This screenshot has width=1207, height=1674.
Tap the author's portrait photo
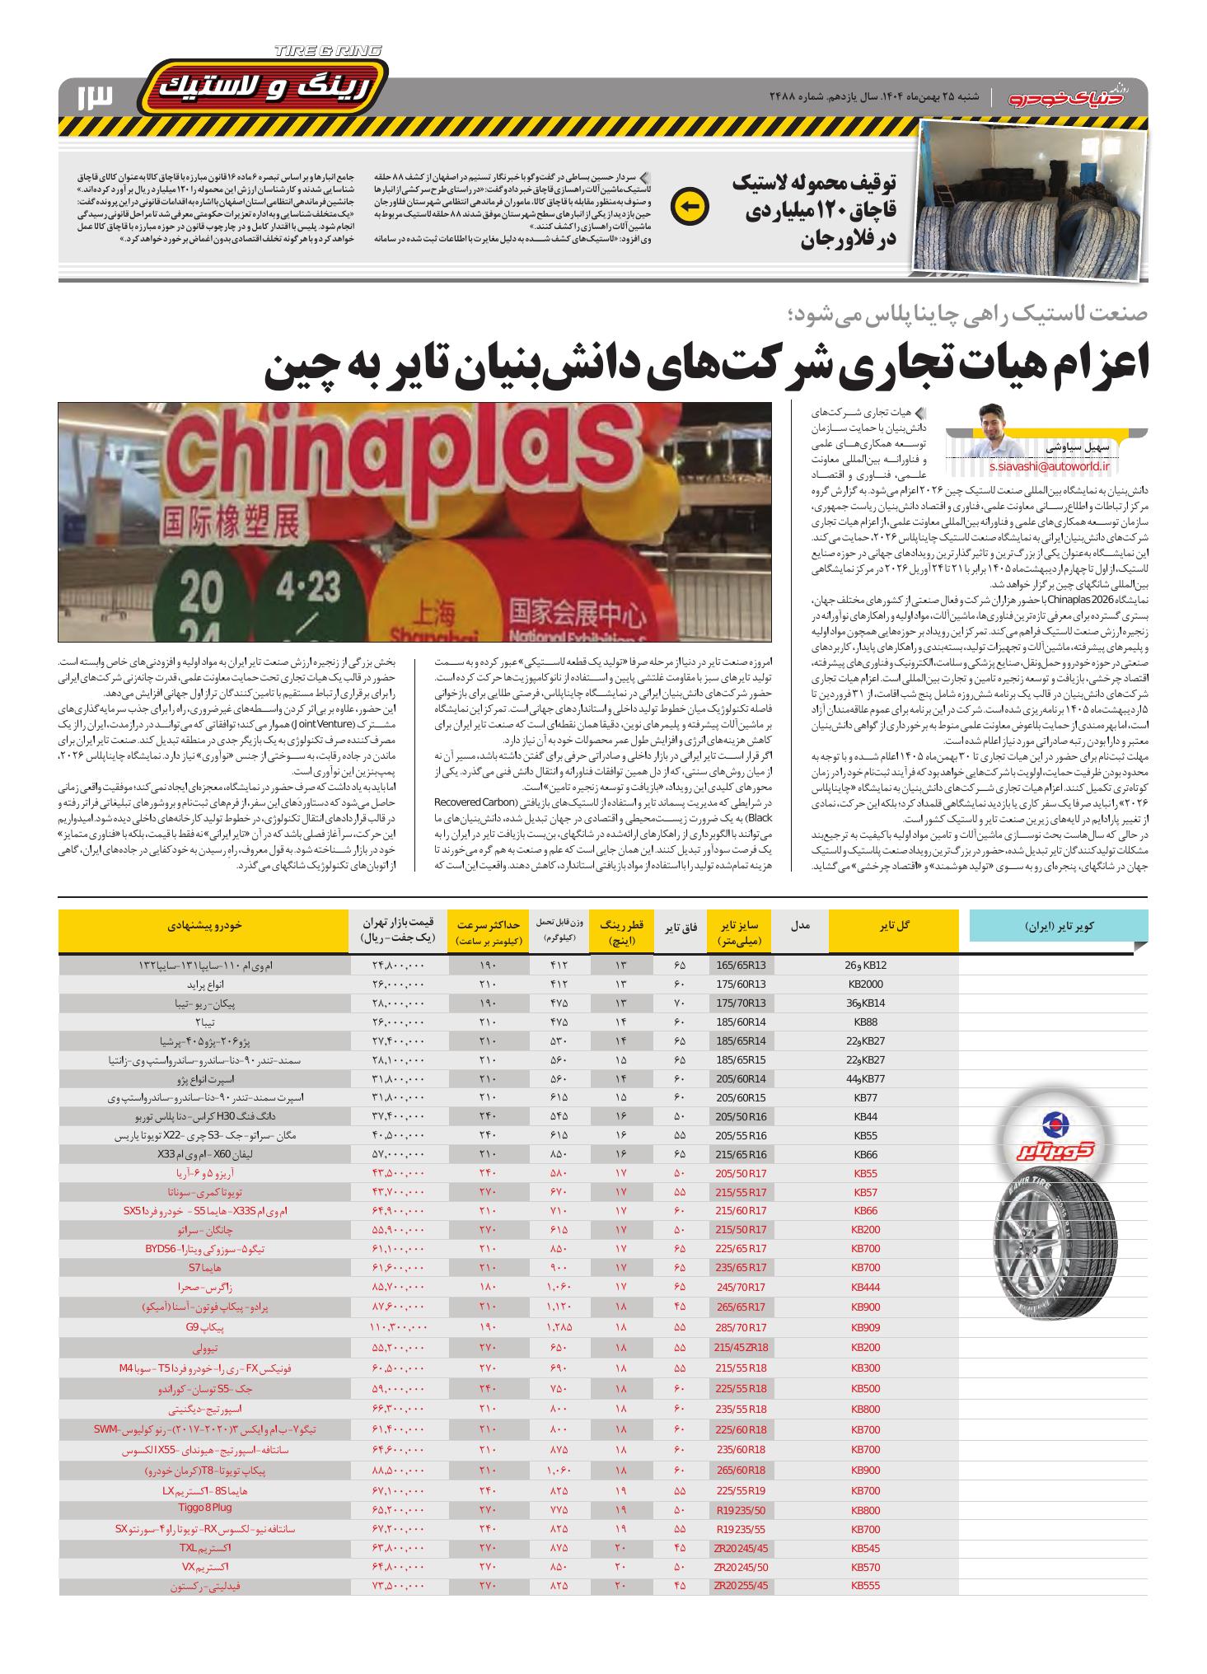point(994,428)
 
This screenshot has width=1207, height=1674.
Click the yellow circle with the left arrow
point(689,207)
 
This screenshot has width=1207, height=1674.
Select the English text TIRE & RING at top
point(329,51)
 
